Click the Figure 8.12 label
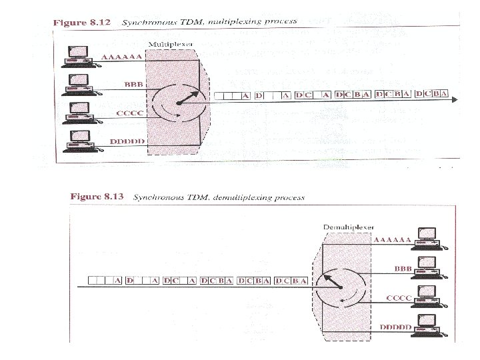[x=79, y=22]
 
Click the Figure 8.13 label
[x=97, y=197]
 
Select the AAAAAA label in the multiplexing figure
[x=121, y=58]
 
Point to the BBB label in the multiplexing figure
[x=133, y=84]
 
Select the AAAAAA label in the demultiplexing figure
[x=392, y=239]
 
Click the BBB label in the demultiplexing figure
[x=403, y=268]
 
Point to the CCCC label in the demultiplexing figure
[x=399, y=298]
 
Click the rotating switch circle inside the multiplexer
[x=177, y=102]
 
